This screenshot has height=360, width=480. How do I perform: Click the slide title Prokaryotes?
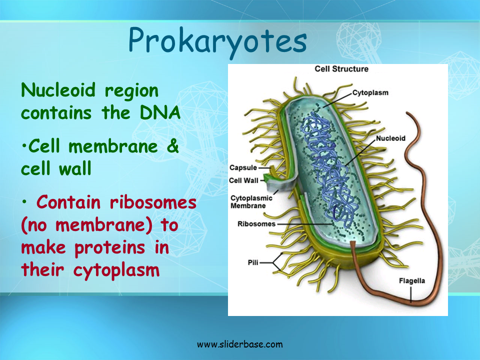tap(217, 41)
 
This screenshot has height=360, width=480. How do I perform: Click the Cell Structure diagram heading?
tap(341, 69)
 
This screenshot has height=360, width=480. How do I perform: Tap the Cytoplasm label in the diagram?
tap(370, 92)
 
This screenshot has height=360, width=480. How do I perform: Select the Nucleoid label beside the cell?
tap(390, 138)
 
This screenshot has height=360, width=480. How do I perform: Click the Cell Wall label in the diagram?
tap(244, 180)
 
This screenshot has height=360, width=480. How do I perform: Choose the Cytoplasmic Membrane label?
tap(251, 201)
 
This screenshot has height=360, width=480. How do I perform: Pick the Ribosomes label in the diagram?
tap(256, 223)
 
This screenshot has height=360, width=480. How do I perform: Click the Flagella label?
tap(411, 280)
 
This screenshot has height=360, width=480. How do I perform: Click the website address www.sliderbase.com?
tap(239, 344)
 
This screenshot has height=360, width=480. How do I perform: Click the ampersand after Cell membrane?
tap(171, 147)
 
